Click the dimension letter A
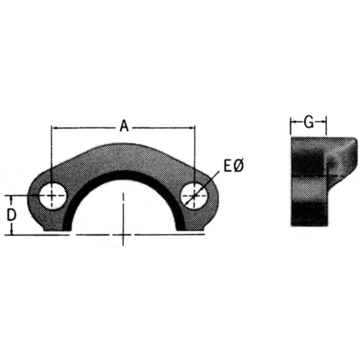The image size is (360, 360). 124,125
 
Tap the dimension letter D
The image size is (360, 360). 11,215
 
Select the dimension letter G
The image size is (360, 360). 309,122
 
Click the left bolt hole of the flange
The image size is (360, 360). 52,195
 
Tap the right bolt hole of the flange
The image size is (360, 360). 194,195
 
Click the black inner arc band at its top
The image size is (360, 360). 123,173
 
